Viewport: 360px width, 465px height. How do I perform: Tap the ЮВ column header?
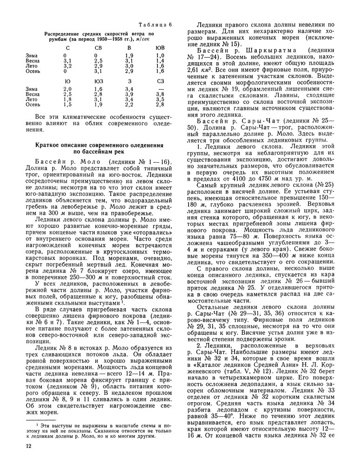160,47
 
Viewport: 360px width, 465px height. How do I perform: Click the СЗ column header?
160,81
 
